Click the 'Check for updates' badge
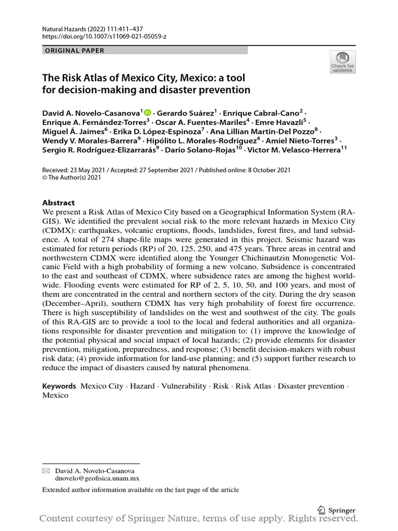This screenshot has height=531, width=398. tap(343, 62)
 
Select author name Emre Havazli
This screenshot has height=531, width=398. tap(283, 122)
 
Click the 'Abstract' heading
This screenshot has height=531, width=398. tap(58, 203)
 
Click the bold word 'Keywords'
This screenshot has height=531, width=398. tap(59, 386)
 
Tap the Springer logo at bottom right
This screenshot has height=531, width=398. tap(336, 509)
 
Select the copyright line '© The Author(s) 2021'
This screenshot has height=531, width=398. tap(72, 177)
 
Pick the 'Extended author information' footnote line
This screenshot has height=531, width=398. tap(140, 490)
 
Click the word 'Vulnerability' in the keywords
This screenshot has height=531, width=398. tap(185, 386)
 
